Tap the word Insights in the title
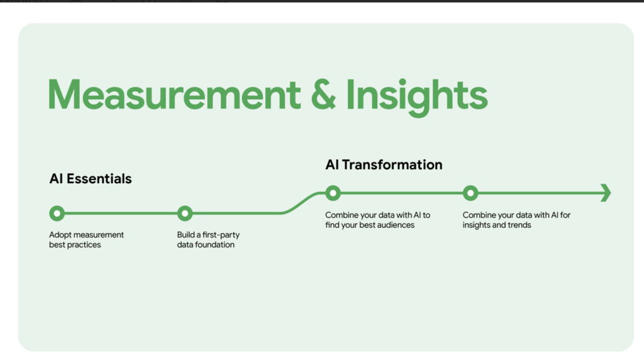(x=417, y=96)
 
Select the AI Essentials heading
(x=91, y=179)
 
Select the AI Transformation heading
(x=384, y=165)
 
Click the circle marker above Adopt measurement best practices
(x=57, y=213)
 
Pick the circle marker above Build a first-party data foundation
(x=184, y=213)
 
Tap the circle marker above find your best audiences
(x=333, y=193)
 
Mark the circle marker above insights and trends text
(x=470, y=193)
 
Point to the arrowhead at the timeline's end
(x=606, y=193)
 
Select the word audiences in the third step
(x=396, y=225)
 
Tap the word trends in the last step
(x=519, y=225)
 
